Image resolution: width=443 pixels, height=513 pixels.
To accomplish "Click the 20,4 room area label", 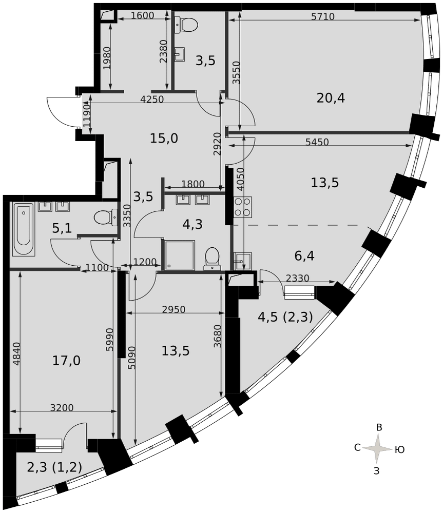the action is tap(331, 98).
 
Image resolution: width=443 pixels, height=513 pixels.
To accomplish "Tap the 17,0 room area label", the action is tap(66, 361).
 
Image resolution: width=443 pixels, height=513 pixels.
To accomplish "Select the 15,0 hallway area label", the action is tap(164, 139).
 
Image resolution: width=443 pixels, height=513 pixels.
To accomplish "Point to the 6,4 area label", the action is tap(304, 255).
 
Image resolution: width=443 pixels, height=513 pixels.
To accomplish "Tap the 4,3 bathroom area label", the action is tap(192, 225).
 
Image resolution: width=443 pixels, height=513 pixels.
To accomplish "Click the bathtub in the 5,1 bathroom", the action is tap(24, 229).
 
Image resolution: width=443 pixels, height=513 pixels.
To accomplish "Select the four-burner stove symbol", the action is tap(243, 207).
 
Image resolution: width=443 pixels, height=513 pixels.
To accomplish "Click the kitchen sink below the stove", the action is tap(243, 261).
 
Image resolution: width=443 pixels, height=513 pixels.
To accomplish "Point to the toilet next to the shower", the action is tap(212, 259).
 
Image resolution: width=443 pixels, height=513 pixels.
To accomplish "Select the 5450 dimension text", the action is tap(317, 142).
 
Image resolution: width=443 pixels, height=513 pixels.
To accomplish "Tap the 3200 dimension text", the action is tap(62, 407).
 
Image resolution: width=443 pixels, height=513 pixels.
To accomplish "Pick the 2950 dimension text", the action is tap(174, 309).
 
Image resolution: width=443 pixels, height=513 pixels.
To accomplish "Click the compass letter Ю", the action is tap(399, 449).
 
